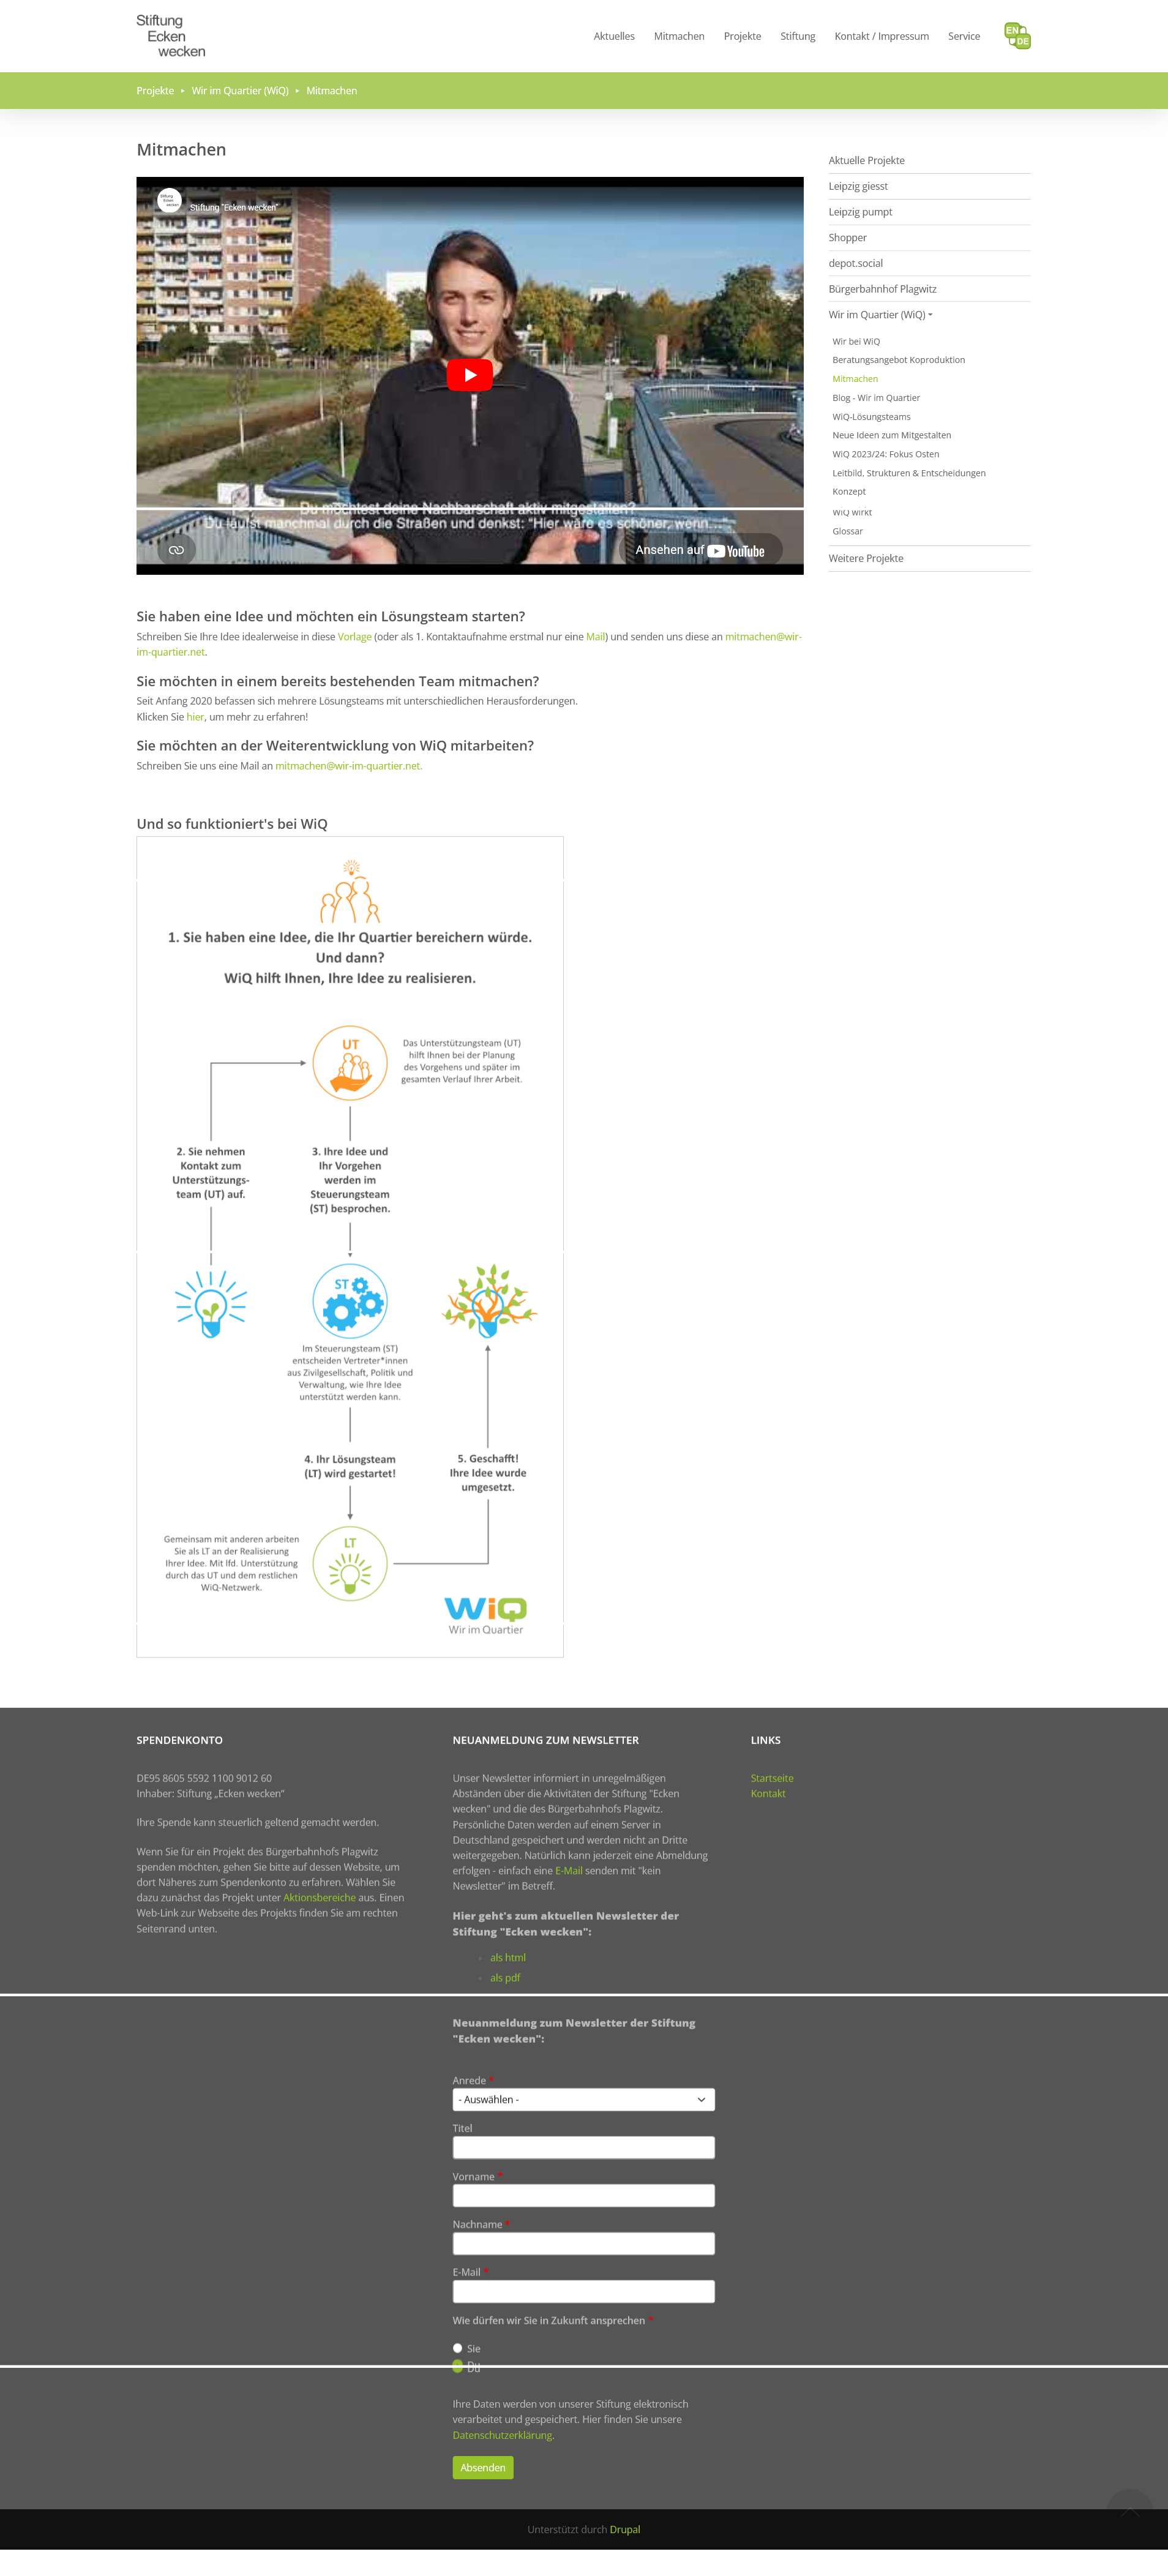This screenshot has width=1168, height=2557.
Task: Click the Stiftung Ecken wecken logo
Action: click(x=171, y=36)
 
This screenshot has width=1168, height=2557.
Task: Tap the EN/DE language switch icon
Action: click(x=1017, y=36)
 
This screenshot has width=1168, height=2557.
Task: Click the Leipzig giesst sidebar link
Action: click(x=858, y=187)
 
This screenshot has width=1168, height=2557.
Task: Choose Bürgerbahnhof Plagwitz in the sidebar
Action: click(x=882, y=289)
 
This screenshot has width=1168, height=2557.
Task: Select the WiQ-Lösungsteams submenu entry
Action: click(x=870, y=417)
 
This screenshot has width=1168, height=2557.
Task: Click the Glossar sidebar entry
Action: click(x=847, y=531)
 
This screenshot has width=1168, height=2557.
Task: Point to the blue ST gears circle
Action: click(x=350, y=1300)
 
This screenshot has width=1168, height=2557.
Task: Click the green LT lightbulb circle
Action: click(x=350, y=1563)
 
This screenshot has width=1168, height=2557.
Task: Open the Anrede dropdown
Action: click(x=583, y=2099)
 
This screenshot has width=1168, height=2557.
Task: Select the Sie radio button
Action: click(x=457, y=2348)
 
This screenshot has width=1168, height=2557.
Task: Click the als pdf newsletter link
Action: click(x=504, y=1977)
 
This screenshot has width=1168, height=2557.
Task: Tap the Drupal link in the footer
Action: click(x=624, y=2529)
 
